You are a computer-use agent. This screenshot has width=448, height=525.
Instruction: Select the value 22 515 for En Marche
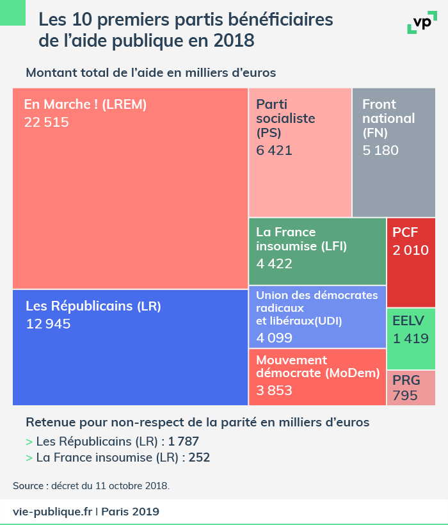(x=46, y=122)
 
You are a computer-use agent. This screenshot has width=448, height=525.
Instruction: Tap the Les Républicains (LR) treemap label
(x=93, y=306)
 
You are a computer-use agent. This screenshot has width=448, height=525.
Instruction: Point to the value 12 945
(x=48, y=324)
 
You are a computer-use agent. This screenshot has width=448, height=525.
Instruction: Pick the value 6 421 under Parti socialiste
(x=274, y=150)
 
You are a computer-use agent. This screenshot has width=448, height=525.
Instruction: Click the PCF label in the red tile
(x=405, y=232)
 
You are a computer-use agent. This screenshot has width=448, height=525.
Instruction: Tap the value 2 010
(x=411, y=250)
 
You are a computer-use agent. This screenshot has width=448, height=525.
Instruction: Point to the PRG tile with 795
(x=411, y=388)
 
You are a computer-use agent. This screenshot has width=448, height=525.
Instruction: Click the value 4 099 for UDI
(x=274, y=337)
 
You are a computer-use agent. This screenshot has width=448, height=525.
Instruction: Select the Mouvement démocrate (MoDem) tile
(x=317, y=377)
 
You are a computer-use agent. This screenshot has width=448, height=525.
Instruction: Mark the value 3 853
(x=274, y=391)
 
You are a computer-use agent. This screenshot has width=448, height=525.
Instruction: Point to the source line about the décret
(x=91, y=485)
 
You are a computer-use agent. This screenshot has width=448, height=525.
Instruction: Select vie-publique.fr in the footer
(x=53, y=512)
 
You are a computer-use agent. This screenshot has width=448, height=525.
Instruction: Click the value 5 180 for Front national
(x=380, y=150)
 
